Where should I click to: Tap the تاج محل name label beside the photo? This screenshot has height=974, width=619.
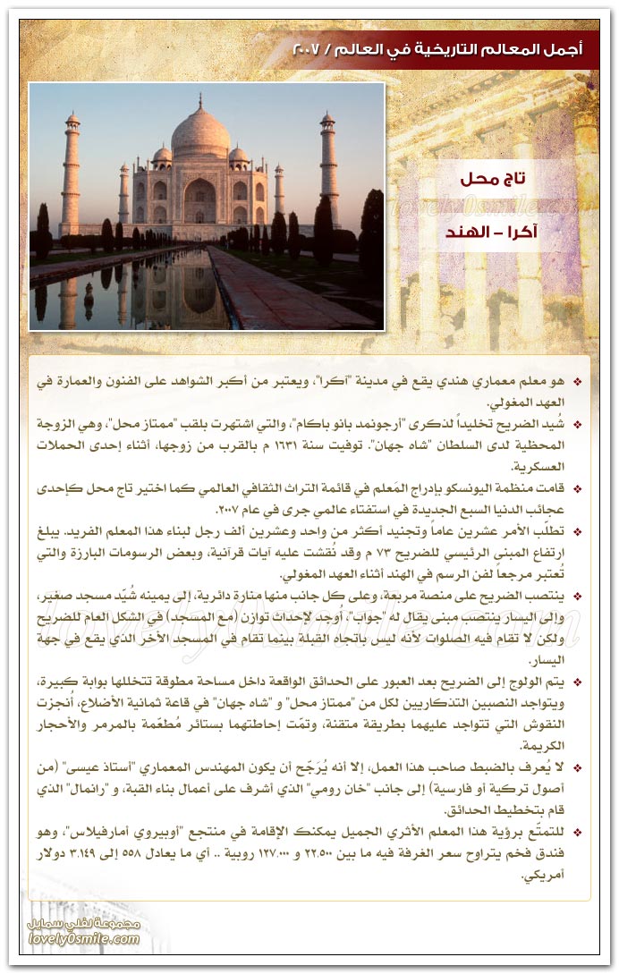tap(493, 179)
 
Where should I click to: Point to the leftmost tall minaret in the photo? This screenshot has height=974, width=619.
tap(71, 174)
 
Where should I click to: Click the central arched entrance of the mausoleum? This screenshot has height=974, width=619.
tap(199, 201)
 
